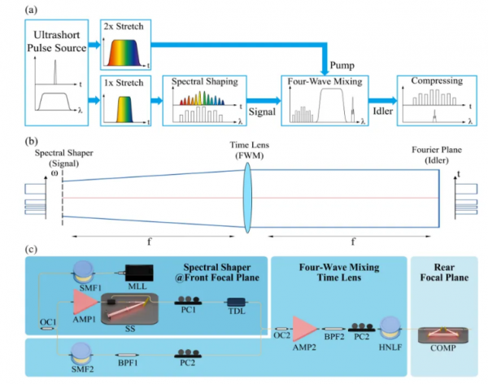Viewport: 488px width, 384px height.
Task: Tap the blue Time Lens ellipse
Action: (x=249, y=199)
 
